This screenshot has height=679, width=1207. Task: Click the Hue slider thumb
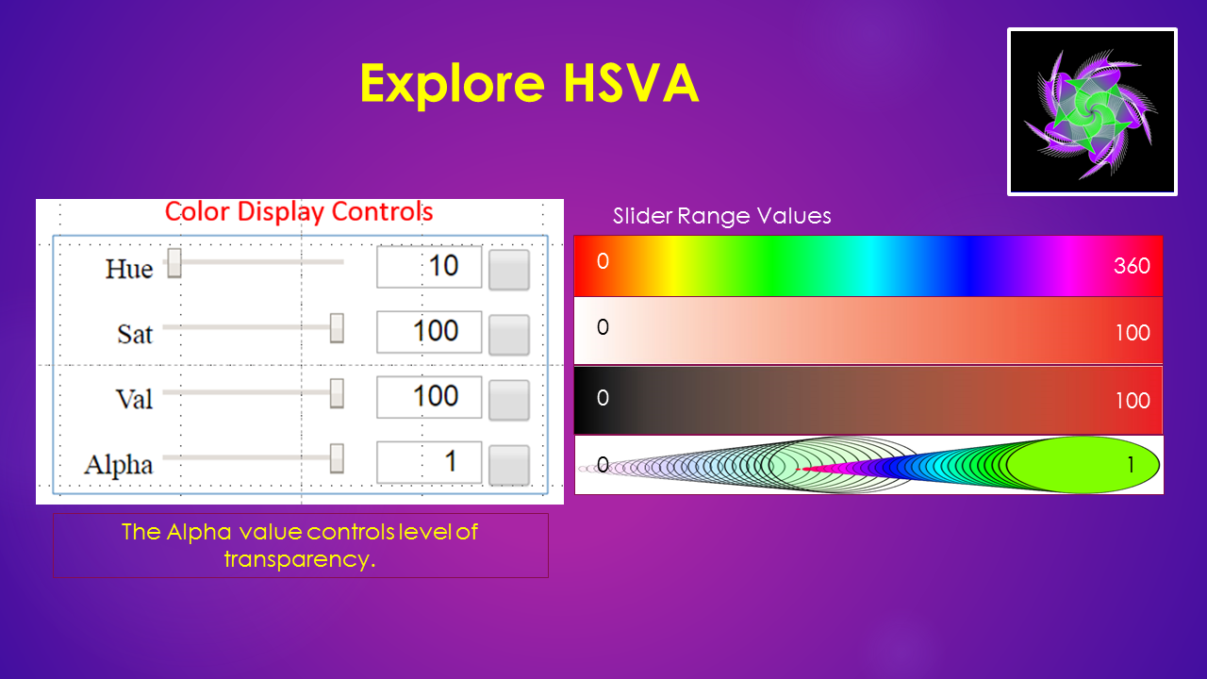point(174,263)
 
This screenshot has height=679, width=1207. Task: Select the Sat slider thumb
point(337,327)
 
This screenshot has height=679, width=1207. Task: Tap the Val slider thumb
point(337,393)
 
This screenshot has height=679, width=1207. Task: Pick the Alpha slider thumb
point(337,458)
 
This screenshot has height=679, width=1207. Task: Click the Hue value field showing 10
point(429,267)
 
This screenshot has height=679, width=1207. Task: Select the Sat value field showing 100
point(429,332)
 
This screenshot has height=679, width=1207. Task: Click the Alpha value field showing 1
point(429,462)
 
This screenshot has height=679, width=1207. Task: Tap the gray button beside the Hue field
point(509,270)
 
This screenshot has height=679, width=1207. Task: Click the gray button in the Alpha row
point(509,465)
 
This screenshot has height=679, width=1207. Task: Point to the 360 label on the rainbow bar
point(1132,266)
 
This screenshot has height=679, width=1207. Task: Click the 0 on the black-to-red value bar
point(603,398)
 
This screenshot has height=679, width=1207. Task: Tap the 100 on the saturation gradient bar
point(1133,333)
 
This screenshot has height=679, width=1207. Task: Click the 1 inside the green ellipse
point(1131,465)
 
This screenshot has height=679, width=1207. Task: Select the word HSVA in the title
point(632,83)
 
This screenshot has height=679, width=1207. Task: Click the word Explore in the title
point(453,84)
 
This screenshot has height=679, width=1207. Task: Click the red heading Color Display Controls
point(299,211)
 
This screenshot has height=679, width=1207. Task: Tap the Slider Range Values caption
point(722,216)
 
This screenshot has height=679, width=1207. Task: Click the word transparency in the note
point(300,559)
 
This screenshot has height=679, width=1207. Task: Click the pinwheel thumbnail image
point(1092,111)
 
